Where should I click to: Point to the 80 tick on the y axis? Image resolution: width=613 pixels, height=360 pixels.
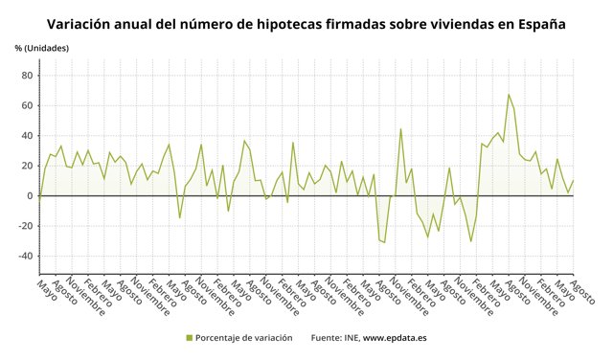tap(27, 75)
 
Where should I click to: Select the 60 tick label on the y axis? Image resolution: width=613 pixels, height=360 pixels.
tap(27, 105)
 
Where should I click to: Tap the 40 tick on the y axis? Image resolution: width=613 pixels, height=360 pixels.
tap(27, 135)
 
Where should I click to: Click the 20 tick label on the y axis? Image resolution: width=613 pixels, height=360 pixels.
tap(27, 166)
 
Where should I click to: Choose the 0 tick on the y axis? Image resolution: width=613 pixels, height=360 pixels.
tap(30, 195)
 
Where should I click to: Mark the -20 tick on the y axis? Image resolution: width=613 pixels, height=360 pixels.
tap(25, 226)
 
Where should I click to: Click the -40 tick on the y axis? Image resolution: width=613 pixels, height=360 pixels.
tap(25, 257)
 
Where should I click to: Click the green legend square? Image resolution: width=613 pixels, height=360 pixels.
tap(190, 338)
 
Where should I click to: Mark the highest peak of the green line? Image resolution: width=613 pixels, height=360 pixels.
tap(509, 95)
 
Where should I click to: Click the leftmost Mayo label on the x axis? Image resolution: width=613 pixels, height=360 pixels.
tap(42, 289)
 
